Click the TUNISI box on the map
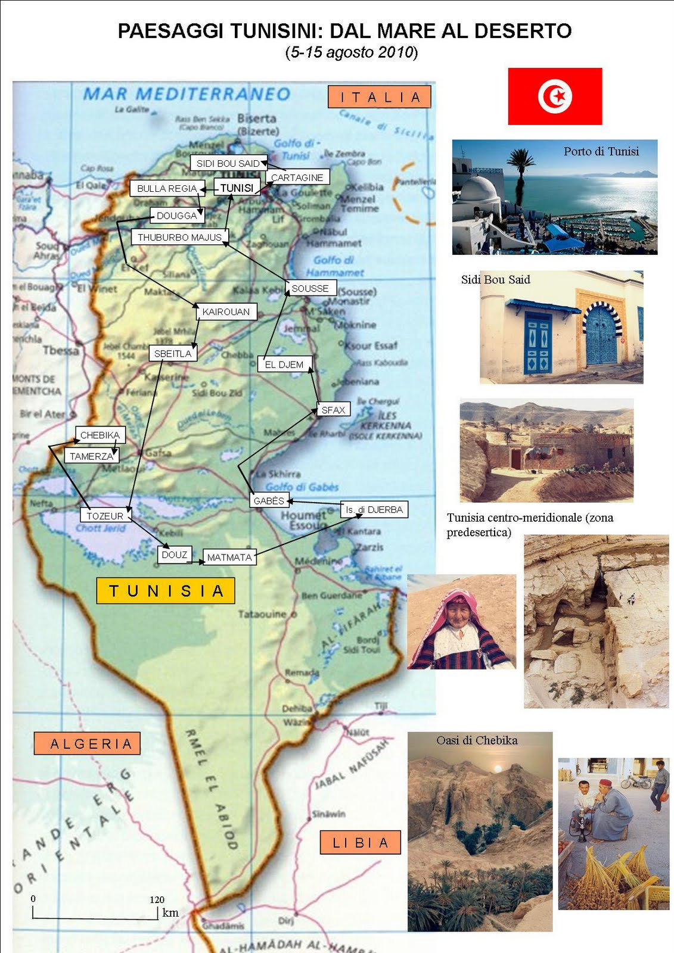point(237,188)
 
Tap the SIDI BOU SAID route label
point(228,163)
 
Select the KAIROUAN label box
point(226,312)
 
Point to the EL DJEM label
point(284,365)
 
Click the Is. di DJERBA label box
point(374,510)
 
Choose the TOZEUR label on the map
point(105,516)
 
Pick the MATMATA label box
point(229,558)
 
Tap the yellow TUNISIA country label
point(166,591)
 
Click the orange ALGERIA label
point(88,743)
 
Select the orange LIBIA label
point(360,843)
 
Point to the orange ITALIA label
point(380,97)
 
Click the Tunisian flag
point(555,96)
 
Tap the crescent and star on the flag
point(556,96)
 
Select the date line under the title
point(352,52)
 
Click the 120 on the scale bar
point(157,900)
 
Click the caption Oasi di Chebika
point(477,740)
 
